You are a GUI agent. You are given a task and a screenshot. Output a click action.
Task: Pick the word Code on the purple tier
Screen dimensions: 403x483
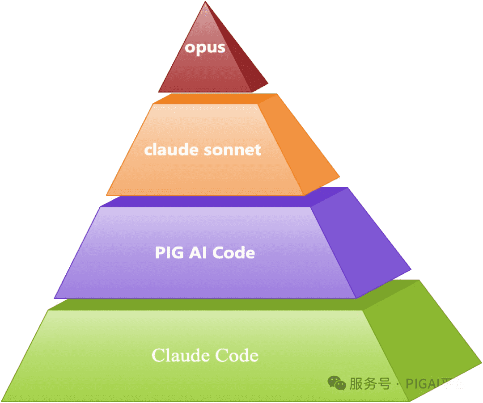pos(233,253)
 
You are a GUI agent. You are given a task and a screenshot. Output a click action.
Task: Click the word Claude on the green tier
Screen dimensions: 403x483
pos(181,356)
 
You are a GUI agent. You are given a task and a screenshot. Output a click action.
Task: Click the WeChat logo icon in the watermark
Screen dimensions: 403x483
pos(337,383)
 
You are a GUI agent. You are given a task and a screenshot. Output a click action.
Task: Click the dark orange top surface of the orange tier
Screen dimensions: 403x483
pos(210,98)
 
